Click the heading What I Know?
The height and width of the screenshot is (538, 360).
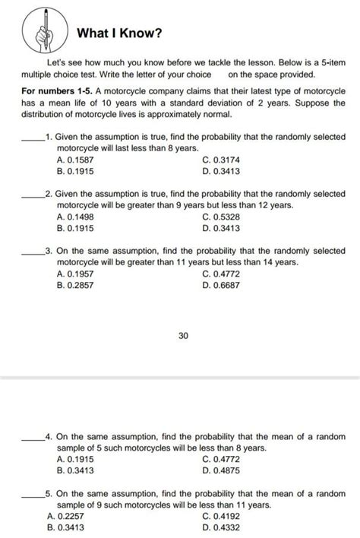[x=118, y=33]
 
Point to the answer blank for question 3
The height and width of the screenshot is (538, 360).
[x=32, y=252]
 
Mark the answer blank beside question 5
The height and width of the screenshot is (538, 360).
[x=32, y=495]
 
